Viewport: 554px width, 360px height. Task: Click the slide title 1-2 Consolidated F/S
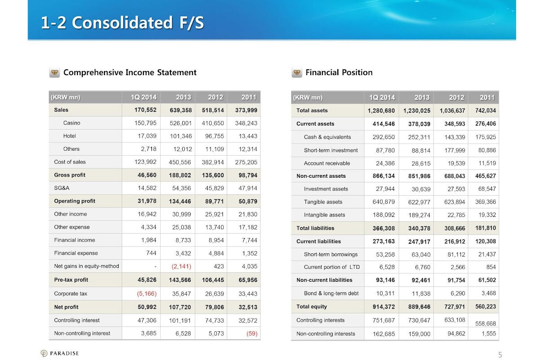(122, 22)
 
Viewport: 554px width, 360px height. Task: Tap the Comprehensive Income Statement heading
(130, 72)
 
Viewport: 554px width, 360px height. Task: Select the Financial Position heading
(339, 72)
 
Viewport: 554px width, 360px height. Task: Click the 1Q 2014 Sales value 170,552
(145, 110)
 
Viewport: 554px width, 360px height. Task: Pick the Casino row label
(72, 123)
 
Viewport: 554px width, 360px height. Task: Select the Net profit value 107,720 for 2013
(180, 307)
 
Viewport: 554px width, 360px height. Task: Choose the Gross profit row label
(70, 175)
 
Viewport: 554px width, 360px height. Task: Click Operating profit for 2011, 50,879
(246, 202)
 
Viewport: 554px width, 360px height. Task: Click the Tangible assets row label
(323, 202)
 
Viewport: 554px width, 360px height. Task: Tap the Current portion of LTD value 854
(491, 267)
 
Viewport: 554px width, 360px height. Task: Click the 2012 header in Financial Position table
(456, 97)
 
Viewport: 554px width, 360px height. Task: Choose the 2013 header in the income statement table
(183, 97)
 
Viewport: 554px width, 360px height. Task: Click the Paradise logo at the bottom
(60, 353)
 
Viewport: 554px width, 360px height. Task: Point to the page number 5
(500, 355)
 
